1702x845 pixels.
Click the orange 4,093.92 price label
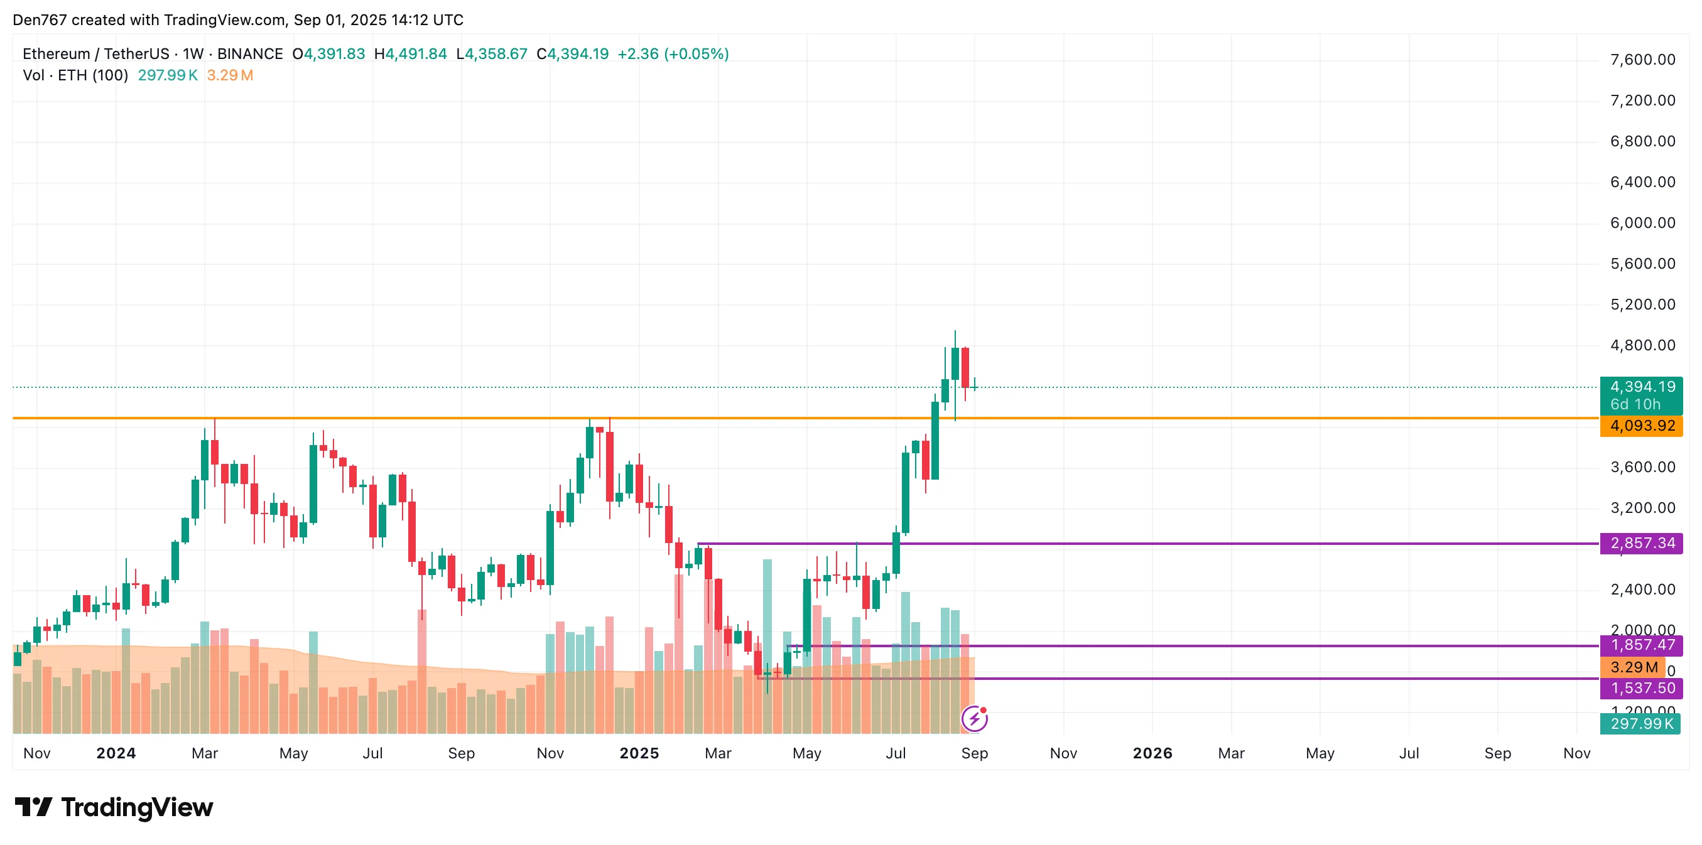tap(1641, 426)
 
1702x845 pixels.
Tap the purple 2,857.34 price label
tap(1641, 544)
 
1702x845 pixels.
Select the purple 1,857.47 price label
tap(1641, 645)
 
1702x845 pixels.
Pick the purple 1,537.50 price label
tap(1641, 689)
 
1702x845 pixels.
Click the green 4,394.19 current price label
tap(1641, 387)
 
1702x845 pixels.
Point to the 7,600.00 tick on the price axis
tap(1642, 60)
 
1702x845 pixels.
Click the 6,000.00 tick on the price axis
tap(1642, 223)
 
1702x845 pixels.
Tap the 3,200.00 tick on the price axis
tap(1642, 508)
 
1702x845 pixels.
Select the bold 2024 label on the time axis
tap(116, 754)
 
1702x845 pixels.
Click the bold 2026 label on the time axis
tap(1152, 754)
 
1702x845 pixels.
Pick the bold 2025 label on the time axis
tap(639, 754)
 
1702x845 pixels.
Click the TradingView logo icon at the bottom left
tap(34, 807)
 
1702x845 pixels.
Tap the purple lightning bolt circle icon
tap(975, 719)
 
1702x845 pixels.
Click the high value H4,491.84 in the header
tap(410, 54)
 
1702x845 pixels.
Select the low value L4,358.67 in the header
tap(492, 54)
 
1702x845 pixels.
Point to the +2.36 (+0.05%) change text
tap(673, 54)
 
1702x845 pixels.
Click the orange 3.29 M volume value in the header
tap(230, 75)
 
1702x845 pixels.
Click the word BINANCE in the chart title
tap(250, 54)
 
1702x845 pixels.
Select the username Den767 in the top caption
tap(40, 20)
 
